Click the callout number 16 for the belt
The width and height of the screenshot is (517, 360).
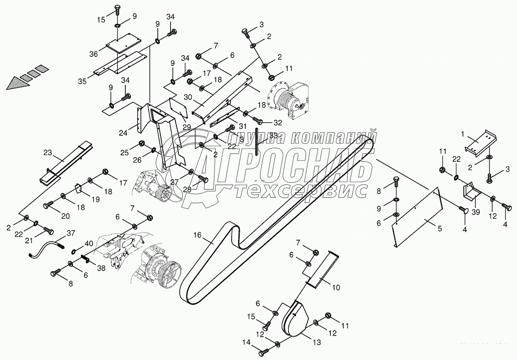[x=197, y=235]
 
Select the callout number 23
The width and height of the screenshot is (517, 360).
[x=48, y=153]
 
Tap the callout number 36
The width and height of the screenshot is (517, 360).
[x=94, y=54]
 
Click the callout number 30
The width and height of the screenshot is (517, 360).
[x=188, y=97]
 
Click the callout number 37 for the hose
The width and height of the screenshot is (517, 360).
[x=71, y=233]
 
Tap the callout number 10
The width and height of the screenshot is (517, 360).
[x=336, y=287]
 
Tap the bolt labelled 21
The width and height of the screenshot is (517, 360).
[x=48, y=231]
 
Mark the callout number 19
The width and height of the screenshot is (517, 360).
[x=95, y=199]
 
